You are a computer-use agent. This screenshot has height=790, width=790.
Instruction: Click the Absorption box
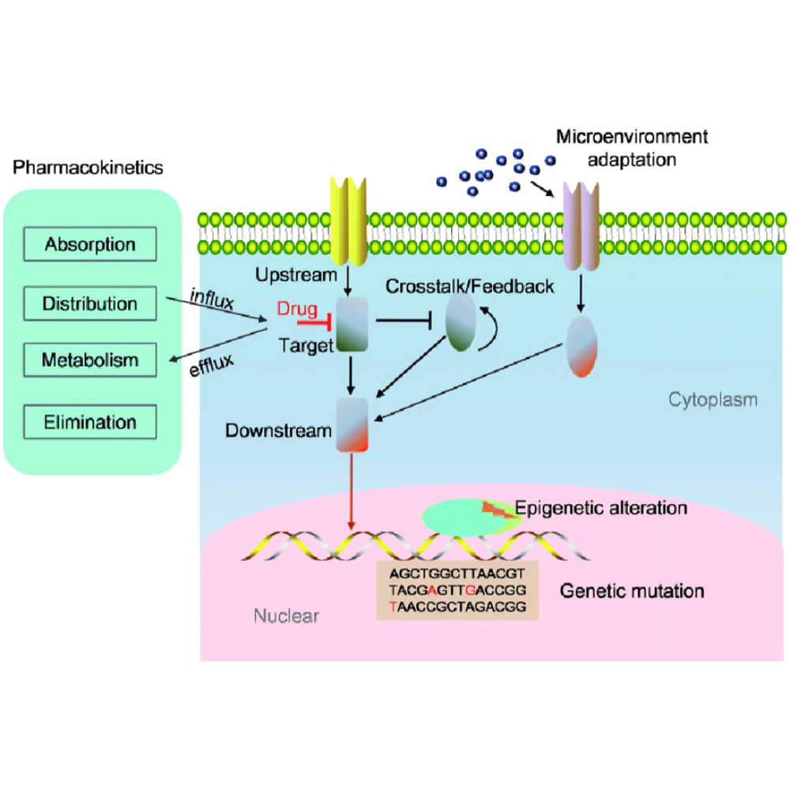(x=89, y=243)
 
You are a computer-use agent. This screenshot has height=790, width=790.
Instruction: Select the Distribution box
(x=89, y=303)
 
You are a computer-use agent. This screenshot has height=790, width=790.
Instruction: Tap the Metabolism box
(x=89, y=360)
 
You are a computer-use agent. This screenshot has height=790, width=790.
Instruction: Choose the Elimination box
(x=89, y=422)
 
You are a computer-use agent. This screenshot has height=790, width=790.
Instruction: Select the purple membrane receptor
(x=581, y=224)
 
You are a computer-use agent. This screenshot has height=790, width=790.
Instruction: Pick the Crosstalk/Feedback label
(x=470, y=286)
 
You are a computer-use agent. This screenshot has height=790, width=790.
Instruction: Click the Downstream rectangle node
(x=352, y=424)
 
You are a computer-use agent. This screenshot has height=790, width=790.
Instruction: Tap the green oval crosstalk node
(x=461, y=322)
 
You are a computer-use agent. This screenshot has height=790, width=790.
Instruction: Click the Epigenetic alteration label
(x=600, y=507)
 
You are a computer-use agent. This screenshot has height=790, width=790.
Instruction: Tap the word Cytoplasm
(x=713, y=400)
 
